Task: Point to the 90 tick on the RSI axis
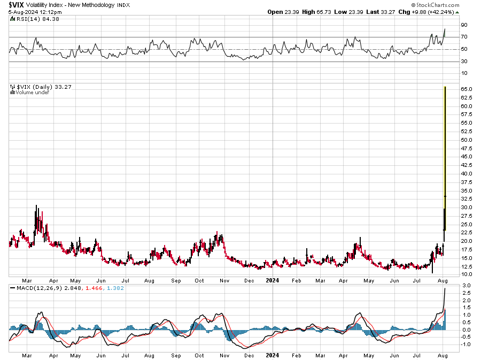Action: coord(464,25)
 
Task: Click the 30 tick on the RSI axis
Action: coord(464,62)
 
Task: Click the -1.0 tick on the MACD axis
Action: coord(465,344)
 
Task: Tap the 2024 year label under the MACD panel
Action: coord(273,355)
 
